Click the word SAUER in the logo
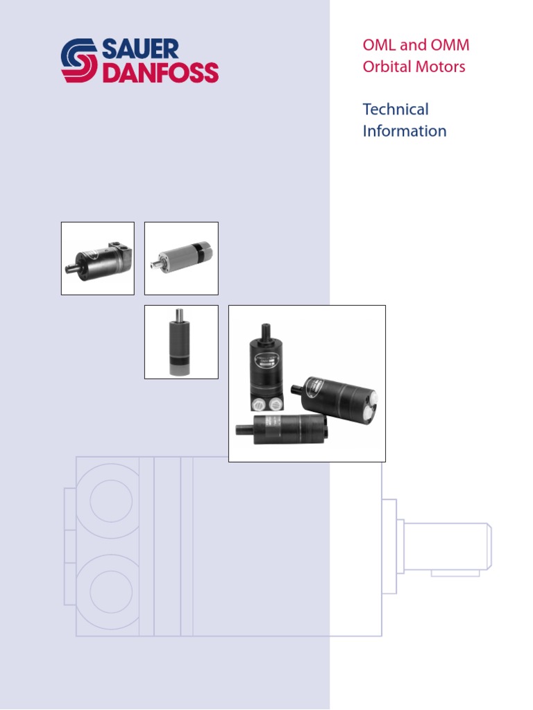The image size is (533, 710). pos(141,49)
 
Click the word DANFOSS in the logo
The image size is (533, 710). pos(160,73)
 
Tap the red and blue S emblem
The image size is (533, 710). pos(80,61)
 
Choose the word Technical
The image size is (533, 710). pos(396,110)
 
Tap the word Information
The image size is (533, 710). pos(405,131)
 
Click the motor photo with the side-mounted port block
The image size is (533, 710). pos(98,258)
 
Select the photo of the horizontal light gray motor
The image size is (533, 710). pos(181,258)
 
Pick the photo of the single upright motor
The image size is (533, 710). pos(181,342)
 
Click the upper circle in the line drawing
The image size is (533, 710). pos(108,499)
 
